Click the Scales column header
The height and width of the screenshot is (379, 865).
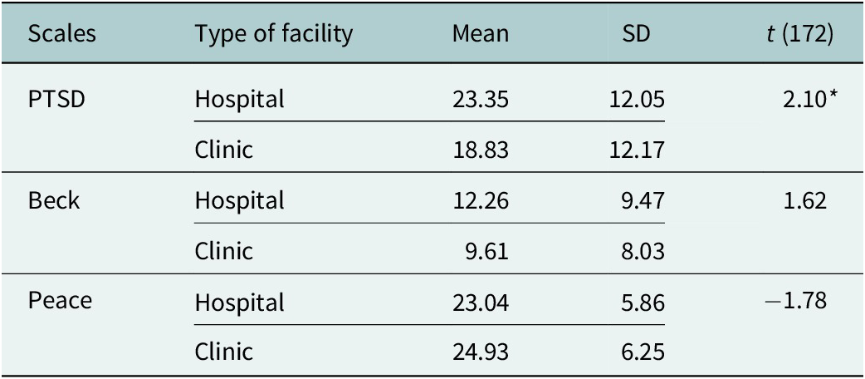tap(62, 34)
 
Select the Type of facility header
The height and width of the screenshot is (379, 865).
tap(273, 34)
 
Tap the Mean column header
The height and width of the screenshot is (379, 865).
tap(481, 34)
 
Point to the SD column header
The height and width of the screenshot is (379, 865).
tap(638, 34)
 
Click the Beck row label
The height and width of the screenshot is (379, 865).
tap(54, 200)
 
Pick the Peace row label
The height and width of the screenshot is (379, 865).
tap(60, 301)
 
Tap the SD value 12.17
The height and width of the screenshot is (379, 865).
tap(637, 150)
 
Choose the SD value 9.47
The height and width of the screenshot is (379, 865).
tap(642, 201)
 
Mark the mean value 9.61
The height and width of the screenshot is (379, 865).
tap(486, 251)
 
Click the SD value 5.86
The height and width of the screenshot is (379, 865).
tap(642, 302)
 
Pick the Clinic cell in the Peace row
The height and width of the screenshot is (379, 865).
tap(223, 352)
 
